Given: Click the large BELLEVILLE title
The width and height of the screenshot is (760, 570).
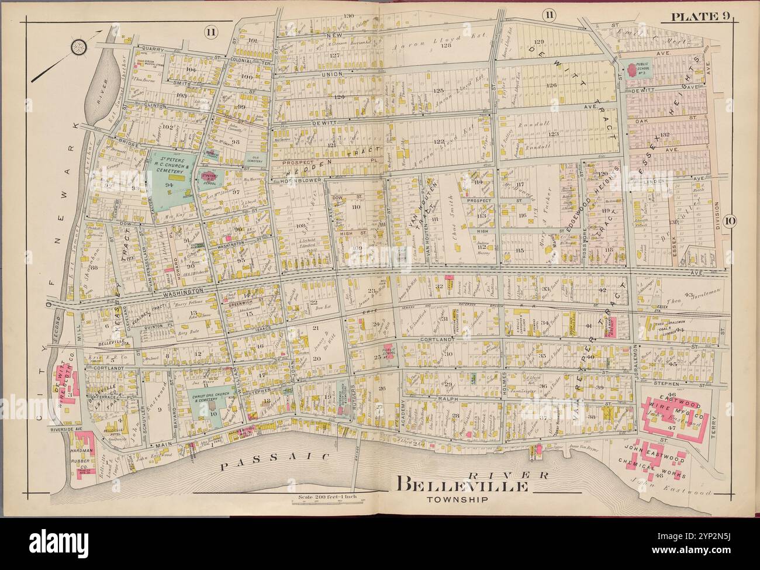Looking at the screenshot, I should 464,485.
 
